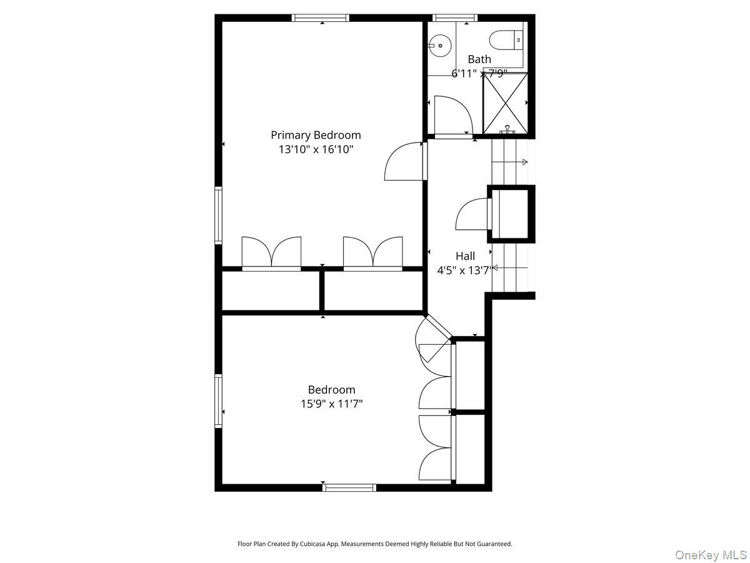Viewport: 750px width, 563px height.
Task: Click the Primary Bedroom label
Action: tap(316, 134)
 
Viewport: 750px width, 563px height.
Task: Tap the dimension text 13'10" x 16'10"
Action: tap(316, 150)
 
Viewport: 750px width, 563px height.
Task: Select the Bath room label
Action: tap(479, 59)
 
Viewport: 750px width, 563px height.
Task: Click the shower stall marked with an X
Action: tap(505, 103)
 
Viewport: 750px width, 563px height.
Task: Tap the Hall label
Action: tap(465, 256)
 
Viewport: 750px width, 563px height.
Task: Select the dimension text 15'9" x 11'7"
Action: tap(331, 404)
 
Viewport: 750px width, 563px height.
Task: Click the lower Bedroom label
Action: tap(331, 390)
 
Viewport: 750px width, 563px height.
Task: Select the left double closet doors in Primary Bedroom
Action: tap(271, 253)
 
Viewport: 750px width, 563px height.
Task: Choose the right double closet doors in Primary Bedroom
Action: tap(373, 253)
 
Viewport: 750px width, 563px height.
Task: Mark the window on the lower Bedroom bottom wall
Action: tap(349, 487)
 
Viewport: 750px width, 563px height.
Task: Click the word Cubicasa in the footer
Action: tap(324, 544)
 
